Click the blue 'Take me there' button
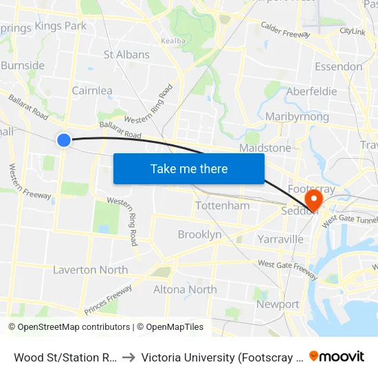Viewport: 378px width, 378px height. [x=189, y=168]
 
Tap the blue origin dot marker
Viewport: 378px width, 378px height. [x=63, y=140]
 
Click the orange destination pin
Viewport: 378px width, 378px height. [x=313, y=200]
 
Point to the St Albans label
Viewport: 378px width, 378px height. [x=126, y=54]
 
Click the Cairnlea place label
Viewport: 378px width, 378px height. [x=92, y=90]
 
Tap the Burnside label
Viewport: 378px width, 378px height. [x=23, y=66]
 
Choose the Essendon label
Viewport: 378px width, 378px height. [x=338, y=67]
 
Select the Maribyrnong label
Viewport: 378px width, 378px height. [x=297, y=117]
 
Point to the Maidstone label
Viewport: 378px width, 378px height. [x=265, y=148]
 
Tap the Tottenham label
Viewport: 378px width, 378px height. [x=223, y=205]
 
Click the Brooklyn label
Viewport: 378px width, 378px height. [x=200, y=234]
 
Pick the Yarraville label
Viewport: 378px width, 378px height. [x=280, y=239]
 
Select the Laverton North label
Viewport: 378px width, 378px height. [x=91, y=269]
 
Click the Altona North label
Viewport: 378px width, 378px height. [x=185, y=289]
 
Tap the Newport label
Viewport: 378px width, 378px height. [x=278, y=304]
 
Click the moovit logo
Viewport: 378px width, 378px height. [x=337, y=356]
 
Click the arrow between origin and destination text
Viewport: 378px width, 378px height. [x=129, y=357]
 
